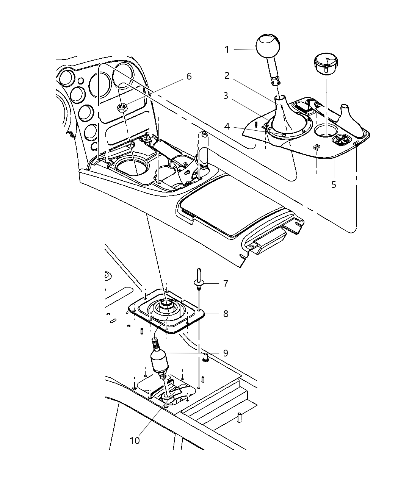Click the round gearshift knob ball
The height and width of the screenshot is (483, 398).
(x=268, y=47)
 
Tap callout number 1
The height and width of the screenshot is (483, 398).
(x=227, y=50)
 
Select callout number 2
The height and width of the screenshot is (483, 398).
(x=227, y=76)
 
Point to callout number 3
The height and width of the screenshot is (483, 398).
(x=226, y=96)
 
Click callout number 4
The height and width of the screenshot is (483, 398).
(x=227, y=126)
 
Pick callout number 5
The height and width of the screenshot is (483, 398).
(x=334, y=184)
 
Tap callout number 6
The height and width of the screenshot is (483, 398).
(x=189, y=77)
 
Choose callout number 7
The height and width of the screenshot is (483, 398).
(x=226, y=283)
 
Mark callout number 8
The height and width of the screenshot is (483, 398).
(x=226, y=314)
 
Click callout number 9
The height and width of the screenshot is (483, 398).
(x=226, y=353)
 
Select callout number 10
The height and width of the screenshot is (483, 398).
(x=135, y=440)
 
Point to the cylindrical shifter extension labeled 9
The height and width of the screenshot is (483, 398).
(x=160, y=361)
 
